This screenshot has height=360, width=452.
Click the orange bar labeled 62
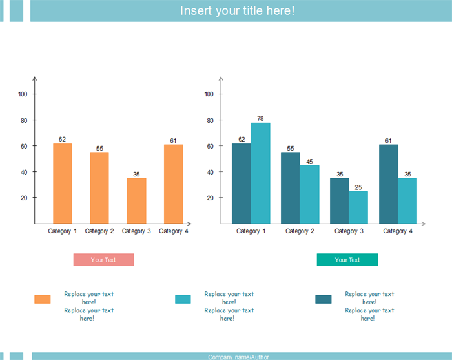(62, 183)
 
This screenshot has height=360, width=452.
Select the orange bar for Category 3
(136, 200)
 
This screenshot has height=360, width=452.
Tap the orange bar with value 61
(174, 184)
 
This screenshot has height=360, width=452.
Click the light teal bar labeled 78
(260, 173)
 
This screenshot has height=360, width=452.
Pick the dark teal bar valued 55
(290, 187)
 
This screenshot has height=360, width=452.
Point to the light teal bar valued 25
(358, 207)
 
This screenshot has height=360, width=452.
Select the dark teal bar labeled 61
(388, 184)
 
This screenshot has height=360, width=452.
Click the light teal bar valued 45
(309, 194)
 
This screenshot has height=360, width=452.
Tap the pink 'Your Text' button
(103, 260)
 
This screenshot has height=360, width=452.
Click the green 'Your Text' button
(347, 260)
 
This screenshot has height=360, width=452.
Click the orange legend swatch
(43, 299)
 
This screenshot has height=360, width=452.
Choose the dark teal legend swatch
(324, 299)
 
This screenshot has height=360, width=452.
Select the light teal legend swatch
(183, 299)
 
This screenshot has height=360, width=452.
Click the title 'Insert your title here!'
(237, 11)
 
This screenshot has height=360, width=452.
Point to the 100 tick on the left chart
(23, 94)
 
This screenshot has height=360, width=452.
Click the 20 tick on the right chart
(209, 198)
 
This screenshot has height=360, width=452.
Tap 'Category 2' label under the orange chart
(99, 231)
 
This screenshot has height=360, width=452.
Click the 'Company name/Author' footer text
(238, 357)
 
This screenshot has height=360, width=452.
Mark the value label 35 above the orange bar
(136, 174)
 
